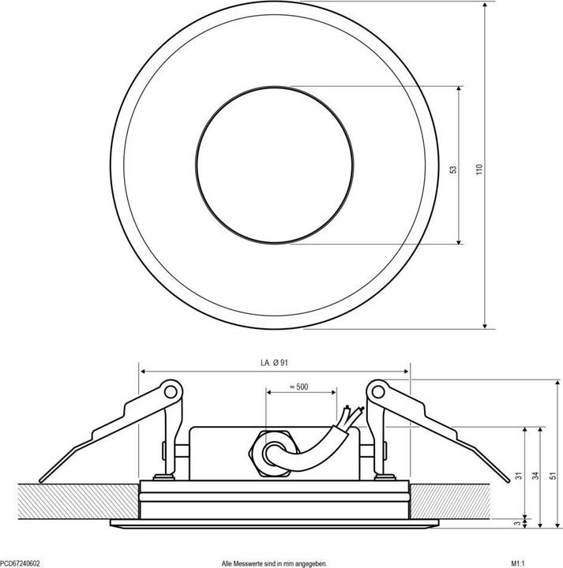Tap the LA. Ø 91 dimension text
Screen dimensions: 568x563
click(275, 363)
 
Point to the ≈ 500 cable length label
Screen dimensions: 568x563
click(299, 387)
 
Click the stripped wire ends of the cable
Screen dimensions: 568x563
click(351, 414)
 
